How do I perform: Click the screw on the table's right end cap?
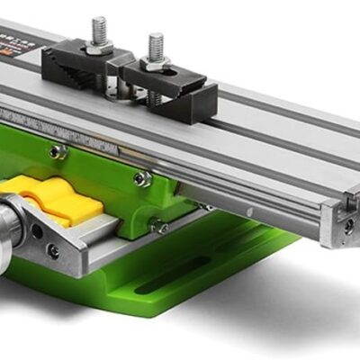(347, 226)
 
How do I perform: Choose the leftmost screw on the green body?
(58, 151)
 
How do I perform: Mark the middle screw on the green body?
(142, 178)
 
